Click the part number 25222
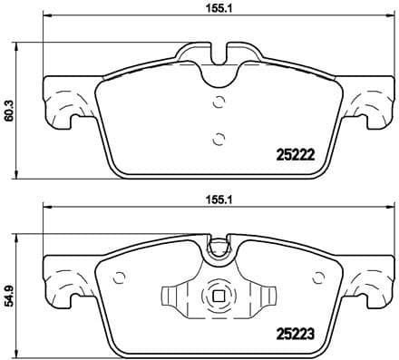294,154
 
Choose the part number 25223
294,332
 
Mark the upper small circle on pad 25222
216,102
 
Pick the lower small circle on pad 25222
216,138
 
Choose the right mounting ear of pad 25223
368,281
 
